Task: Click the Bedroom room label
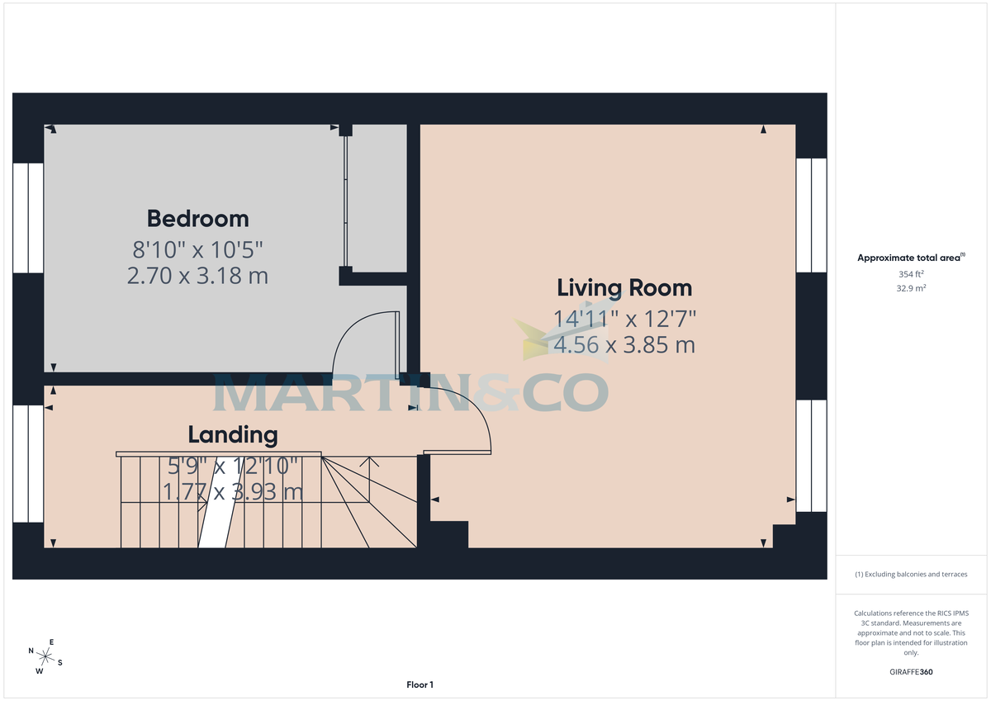pos(197,219)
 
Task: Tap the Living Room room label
pos(624,288)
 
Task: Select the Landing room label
pos(233,434)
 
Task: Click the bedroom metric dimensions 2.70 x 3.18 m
pos(197,275)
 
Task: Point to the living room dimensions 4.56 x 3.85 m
pos(624,344)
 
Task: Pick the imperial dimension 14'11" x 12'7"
pos(624,317)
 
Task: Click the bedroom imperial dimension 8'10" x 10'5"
pos(197,248)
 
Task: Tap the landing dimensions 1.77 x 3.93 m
pos(233,492)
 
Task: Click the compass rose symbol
pos(46,657)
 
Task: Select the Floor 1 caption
pos(420,684)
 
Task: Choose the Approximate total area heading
pos(911,258)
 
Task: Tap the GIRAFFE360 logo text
pos(913,672)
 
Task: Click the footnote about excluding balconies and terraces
pos(911,574)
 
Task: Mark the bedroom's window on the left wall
pos(28,218)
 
